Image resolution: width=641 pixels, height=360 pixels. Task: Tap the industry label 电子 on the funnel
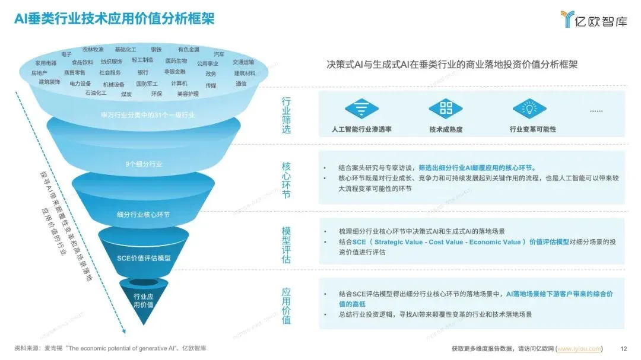[x=66, y=54]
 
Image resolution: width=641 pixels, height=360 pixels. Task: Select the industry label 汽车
[x=219, y=54]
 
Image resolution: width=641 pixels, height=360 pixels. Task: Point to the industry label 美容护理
[x=188, y=94]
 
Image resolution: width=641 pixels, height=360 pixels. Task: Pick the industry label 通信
[x=241, y=84]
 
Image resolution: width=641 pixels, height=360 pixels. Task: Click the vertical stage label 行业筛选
[x=287, y=116]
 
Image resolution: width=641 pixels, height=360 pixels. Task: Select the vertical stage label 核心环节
[x=287, y=179]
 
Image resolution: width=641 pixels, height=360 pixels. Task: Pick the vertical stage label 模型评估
[x=287, y=244]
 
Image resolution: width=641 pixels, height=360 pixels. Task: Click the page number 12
[x=623, y=348]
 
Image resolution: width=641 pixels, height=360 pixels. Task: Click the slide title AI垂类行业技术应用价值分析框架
[x=115, y=19]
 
